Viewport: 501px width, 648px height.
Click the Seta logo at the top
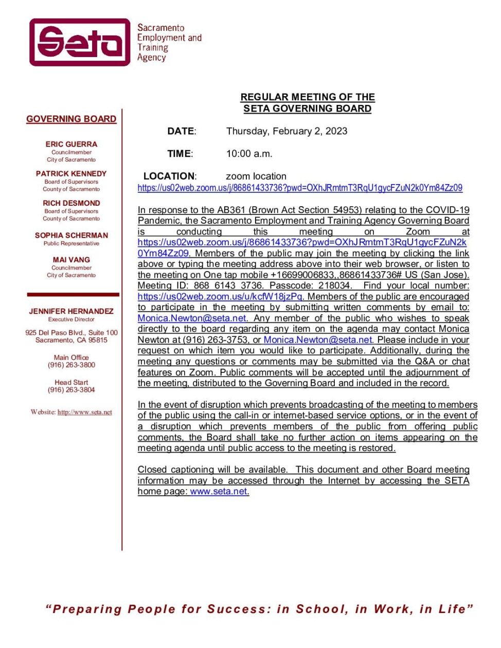[80, 42]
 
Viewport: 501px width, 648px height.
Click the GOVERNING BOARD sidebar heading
[71, 119]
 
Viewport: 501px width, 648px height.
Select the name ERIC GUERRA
[71, 144]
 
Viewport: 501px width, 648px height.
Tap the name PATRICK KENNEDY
[71, 173]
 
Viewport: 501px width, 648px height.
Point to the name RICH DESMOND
[71, 203]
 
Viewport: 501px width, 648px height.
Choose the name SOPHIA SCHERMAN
[71, 235]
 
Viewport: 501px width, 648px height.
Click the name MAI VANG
[71, 260]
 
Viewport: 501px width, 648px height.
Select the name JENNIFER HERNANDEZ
[71, 311]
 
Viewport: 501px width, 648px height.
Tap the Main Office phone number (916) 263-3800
[71, 365]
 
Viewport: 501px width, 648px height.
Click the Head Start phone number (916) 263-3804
[71, 390]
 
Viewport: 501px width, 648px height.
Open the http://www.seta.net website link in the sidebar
[84, 412]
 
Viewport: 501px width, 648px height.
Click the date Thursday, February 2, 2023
[287, 131]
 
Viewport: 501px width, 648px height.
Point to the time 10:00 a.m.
[249, 153]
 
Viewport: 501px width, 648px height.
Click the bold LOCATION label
[169, 176]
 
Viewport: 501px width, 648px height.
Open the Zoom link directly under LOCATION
[299, 188]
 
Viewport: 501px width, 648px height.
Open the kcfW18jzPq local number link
[220, 296]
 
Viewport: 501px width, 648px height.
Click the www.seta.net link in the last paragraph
[219, 491]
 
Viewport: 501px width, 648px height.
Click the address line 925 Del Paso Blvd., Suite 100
[71, 332]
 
